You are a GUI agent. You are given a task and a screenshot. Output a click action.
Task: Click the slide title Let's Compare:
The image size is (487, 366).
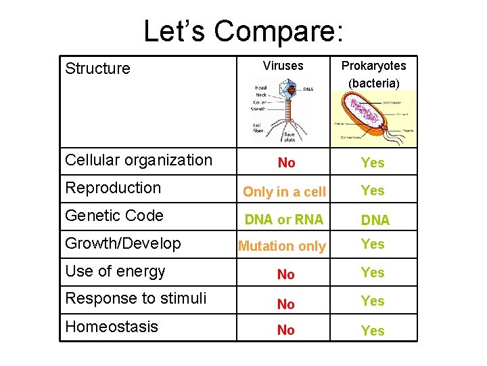pos(243,31)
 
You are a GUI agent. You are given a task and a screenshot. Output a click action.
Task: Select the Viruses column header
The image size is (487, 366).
pos(283,66)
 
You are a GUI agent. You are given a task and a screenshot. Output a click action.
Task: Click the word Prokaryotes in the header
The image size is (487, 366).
pos(373,66)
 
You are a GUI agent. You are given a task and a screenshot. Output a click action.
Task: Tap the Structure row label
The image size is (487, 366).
pos(97,68)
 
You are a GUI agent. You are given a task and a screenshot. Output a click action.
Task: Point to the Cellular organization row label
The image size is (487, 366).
pos(139,161)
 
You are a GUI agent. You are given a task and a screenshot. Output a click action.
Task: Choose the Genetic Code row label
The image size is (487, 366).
pos(114,216)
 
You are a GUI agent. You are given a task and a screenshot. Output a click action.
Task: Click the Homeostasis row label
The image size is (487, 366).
pos(112,327)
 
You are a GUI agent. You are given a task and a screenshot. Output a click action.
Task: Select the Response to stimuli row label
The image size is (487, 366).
pos(135,299)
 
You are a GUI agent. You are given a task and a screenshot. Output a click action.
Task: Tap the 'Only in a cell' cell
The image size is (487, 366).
pos(284,192)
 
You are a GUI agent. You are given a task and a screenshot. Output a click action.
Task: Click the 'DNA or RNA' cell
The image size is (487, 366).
pos(284,220)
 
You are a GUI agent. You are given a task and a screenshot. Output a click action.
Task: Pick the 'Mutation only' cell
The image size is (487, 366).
pos(282,247)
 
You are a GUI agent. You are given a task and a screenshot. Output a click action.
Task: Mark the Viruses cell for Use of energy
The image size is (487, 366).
pos(286,274)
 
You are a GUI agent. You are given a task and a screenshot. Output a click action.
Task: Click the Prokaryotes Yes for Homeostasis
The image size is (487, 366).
pos(373,331)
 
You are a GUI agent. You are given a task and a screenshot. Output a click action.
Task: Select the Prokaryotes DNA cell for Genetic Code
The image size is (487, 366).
pos(375,220)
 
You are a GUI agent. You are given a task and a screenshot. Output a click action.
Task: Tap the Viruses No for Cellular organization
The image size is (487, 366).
pos(286,163)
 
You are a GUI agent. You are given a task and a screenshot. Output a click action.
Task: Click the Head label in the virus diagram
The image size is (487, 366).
pos(260,87)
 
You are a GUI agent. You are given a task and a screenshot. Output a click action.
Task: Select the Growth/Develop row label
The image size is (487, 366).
pos(123,244)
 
